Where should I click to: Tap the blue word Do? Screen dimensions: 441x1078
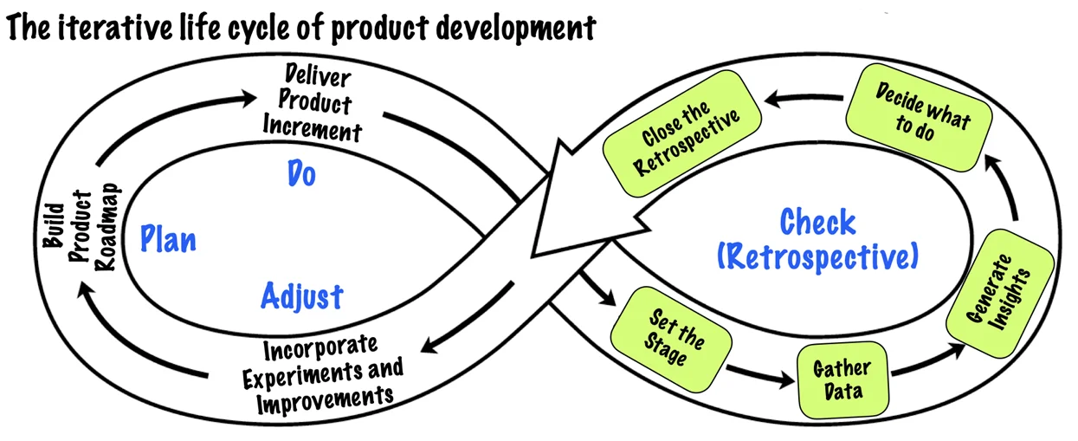pos(300,174)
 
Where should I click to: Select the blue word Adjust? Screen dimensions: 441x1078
pos(301,297)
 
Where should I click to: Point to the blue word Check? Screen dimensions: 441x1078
pos(817,223)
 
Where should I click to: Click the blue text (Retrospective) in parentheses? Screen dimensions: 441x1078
pos(817,256)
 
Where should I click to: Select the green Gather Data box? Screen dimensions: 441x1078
pos(841,379)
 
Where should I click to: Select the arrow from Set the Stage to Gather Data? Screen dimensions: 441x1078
pos(759,375)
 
